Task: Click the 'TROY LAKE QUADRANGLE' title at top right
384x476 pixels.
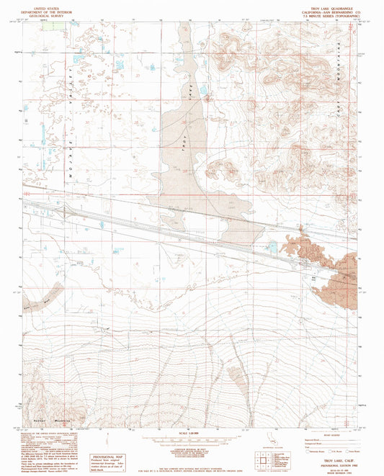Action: [x=334, y=6]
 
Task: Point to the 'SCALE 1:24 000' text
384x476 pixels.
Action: [x=191, y=431]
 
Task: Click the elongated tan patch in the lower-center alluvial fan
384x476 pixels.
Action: [x=236, y=373]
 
